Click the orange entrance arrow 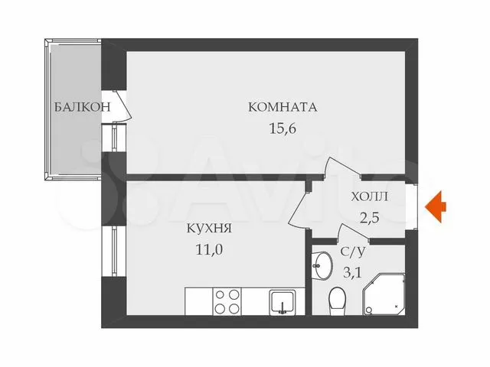pyautogui.click(x=436, y=206)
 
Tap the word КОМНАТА pyautogui.click(x=283, y=107)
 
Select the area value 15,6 pyautogui.click(x=283, y=128)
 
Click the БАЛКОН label pyautogui.click(x=83, y=107)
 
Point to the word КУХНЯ pyautogui.click(x=209, y=228)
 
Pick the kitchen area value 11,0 pyautogui.click(x=209, y=249)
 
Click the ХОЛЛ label pyautogui.click(x=369, y=197)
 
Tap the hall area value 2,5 pyautogui.click(x=369, y=217)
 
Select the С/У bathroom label pyautogui.click(x=352, y=252)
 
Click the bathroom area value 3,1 pyautogui.click(x=352, y=272)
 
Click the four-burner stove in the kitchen pyautogui.click(x=227, y=301)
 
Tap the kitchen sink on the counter pyautogui.click(x=283, y=302)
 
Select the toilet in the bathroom pyautogui.click(x=337, y=301)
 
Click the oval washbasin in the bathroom pyautogui.click(x=322, y=266)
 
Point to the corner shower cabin pyautogui.click(x=384, y=294)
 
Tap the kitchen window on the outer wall pyautogui.click(x=114, y=251)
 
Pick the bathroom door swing pyautogui.click(x=354, y=232)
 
